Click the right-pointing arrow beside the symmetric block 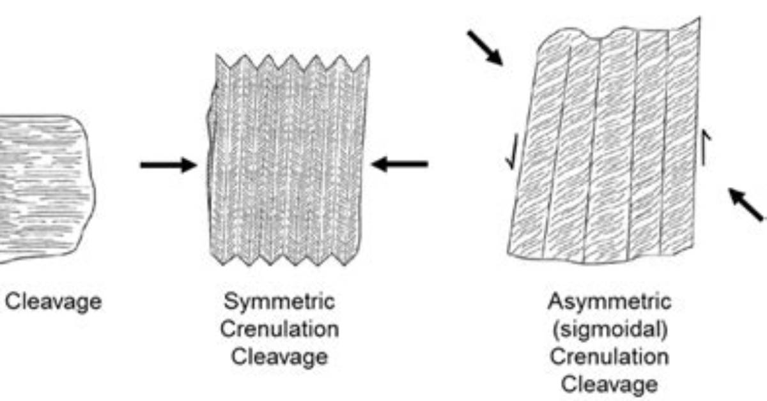tap(169, 165)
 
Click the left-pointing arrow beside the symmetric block tap(400, 164)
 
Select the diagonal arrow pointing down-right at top tap(485, 47)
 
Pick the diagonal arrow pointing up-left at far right tap(745, 204)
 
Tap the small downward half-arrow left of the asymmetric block tap(512, 151)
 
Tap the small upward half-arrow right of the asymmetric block tap(706, 147)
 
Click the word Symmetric tap(279, 302)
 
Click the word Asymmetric tap(610, 302)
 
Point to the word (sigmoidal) tap(610, 329)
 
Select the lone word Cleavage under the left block tap(54, 302)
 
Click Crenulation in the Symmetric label tap(279, 329)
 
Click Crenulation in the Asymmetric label tap(610, 356)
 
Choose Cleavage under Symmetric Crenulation tap(279, 357)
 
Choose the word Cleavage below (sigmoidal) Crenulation tap(610, 384)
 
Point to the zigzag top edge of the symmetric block tap(292, 63)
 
